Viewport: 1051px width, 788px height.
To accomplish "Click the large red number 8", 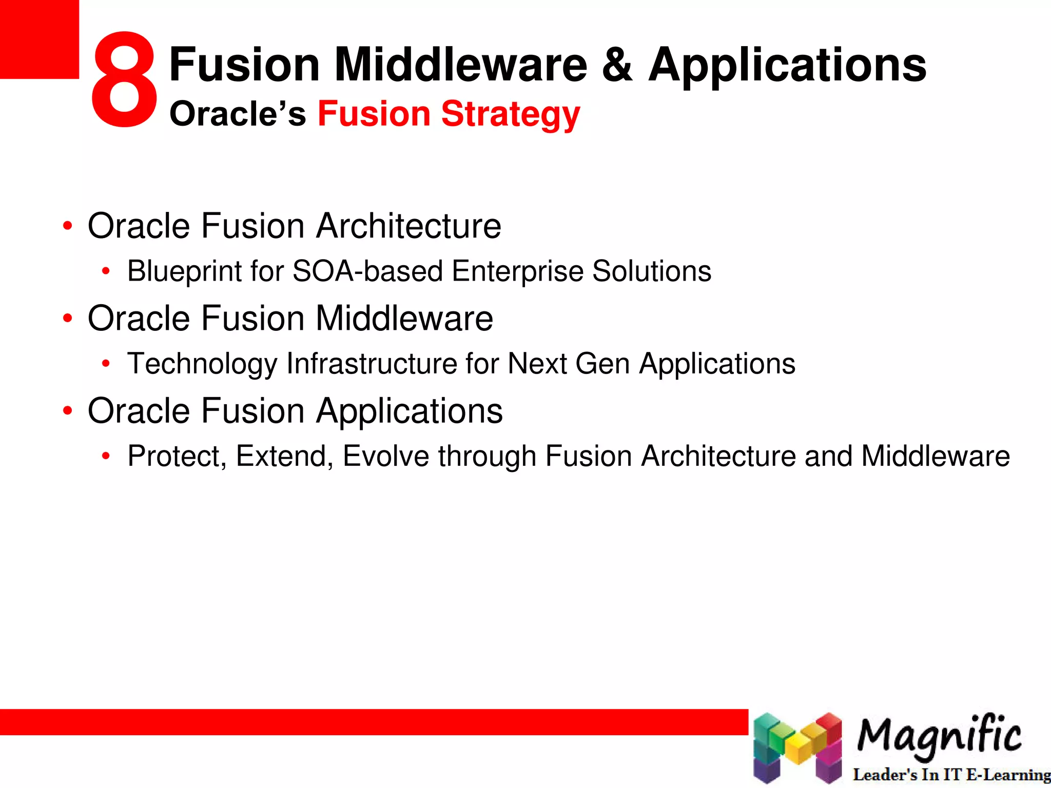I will click(123, 80).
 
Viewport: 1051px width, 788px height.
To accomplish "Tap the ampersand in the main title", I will click(617, 65).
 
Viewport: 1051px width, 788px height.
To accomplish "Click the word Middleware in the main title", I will click(460, 65).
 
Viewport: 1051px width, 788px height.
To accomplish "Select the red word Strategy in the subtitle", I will click(510, 114).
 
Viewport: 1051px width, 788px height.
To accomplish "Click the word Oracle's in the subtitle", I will click(238, 114).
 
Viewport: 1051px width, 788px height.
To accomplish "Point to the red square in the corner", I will click(39, 39).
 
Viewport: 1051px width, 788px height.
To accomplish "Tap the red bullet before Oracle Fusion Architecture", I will click(67, 226).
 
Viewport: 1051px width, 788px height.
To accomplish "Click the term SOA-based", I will click(367, 271).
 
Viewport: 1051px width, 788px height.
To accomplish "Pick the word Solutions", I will click(651, 271).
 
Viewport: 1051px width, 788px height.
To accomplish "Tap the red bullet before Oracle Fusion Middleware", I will click(67, 319).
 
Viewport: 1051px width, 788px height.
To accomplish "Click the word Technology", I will click(202, 364).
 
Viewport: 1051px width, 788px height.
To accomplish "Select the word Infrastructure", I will click(372, 364).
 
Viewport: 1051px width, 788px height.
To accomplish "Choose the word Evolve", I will click(385, 456).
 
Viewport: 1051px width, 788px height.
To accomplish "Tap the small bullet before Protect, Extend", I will click(106, 456).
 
